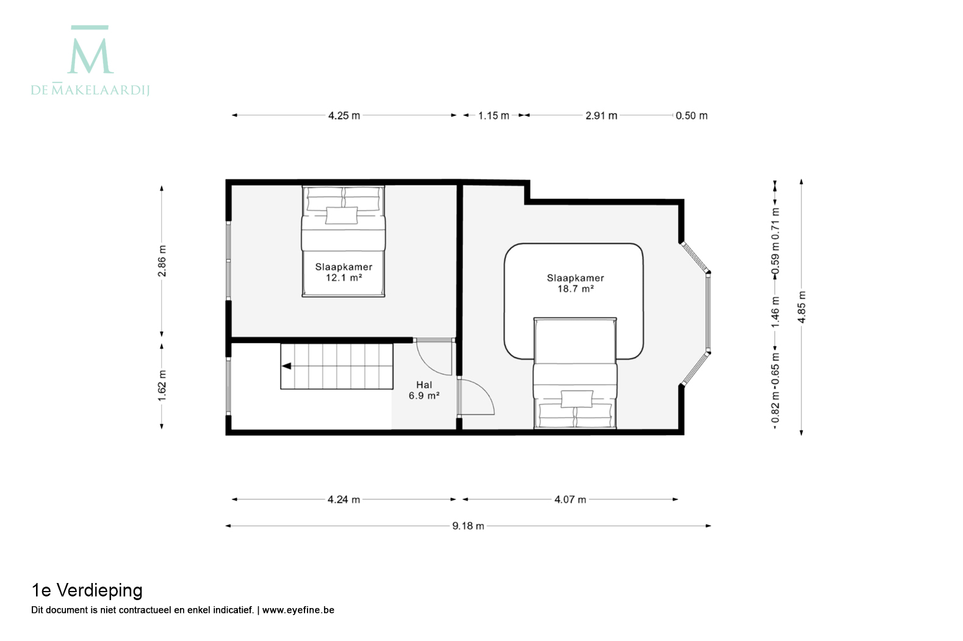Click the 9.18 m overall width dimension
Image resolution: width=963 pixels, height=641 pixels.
pyautogui.click(x=468, y=526)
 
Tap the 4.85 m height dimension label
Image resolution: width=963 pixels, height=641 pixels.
pyautogui.click(x=801, y=306)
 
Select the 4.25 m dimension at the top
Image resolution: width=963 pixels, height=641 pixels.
pyautogui.click(x=344, y=115)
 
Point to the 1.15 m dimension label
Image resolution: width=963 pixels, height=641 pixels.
pyautogui.click(x=494, y=115)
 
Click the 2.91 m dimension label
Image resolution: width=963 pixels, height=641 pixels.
pyautogui.click(x=601, y=115)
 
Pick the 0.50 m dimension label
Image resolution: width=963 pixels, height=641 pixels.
pyautogui.click(x=691, y=115)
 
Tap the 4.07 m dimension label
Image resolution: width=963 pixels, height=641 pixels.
pyautogui.click(x=570, y=499)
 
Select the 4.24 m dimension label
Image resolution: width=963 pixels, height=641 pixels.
pyautogui.click(x=344, y=499)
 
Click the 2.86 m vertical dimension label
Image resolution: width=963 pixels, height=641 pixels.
pyautogui.click(x=162, y=261)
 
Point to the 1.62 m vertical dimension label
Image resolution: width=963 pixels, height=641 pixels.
pyautogui.click(x=162, y=386)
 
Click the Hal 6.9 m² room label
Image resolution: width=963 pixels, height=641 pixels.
pyautogui.click(x=424, y=390)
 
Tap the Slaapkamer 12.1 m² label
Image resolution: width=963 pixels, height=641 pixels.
pyautogui.click(x=344, y=272)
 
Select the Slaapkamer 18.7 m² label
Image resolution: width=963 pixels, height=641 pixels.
pyautogui.click(x=575, y=283)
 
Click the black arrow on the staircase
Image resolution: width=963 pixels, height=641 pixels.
pyautogui.click(x=286, y=366)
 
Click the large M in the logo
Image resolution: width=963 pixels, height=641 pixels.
pyautogui.click(x=90, y=56)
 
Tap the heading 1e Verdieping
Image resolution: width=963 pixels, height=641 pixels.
pyautogui.click(x=87, y=590)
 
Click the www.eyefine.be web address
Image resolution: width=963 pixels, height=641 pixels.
pyautogui.click(x=298, y=610)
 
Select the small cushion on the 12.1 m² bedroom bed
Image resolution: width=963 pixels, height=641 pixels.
pyautogui.click(x=341, y=215)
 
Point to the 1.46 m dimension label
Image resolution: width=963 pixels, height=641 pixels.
pyautogui.click(x=775, y=312)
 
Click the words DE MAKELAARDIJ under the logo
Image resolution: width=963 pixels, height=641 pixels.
pyautogui.click(x=90, y=90)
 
